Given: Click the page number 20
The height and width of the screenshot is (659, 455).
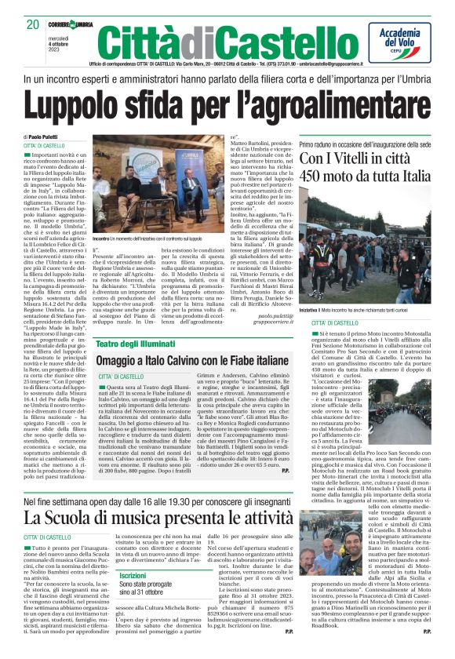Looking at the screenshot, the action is pos(32,24).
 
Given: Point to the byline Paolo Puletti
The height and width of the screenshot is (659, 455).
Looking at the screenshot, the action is pos(50,137).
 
